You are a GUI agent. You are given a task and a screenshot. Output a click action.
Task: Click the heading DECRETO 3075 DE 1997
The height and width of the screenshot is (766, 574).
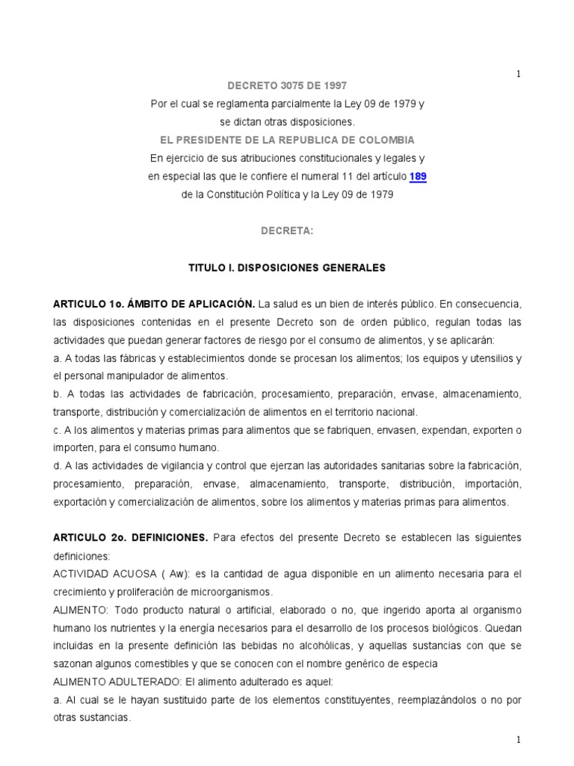coord(287,86)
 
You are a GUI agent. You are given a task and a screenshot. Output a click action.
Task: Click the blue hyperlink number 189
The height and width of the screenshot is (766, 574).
coord(418,177)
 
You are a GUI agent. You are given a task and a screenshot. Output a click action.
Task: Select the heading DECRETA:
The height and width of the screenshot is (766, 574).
coord(287,231)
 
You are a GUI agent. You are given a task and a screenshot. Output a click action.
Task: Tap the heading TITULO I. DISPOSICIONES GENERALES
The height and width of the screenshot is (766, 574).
coord(287,267)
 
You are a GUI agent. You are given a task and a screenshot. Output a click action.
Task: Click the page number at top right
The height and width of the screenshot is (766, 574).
coord(518,73)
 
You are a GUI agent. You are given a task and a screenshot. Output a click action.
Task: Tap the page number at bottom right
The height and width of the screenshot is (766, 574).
coord(518,739)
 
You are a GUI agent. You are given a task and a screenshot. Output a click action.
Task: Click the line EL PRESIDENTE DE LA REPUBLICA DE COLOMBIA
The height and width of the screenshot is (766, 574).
coord(287,140)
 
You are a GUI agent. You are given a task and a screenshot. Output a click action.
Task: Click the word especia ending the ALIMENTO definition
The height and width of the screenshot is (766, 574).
coord(419,664)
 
